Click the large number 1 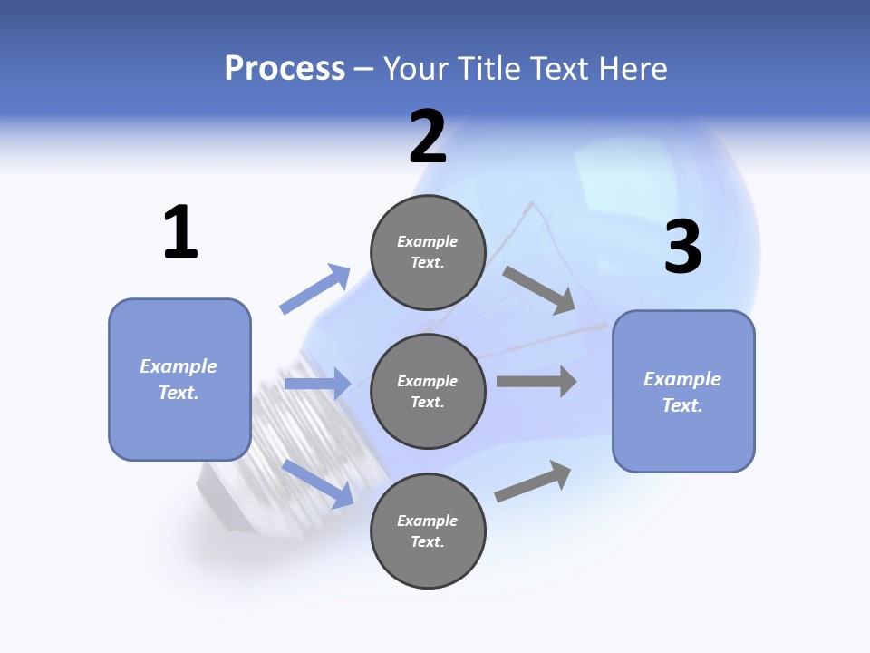[180, 232]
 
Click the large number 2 [428, 137]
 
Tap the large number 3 [682, 248]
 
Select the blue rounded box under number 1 [179, 379]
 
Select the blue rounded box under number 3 [683, 392]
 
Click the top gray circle [428, 251]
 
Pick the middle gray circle [428, 391]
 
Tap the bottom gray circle [428, 531]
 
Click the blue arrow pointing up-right [315, 288]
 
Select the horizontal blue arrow [317, 384]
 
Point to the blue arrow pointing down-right [318, 482]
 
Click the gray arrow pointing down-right [538, 289]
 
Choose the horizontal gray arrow [536, 381]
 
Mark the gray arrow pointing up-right [533, 482]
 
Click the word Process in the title [285, 68]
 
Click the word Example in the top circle [427, 241]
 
